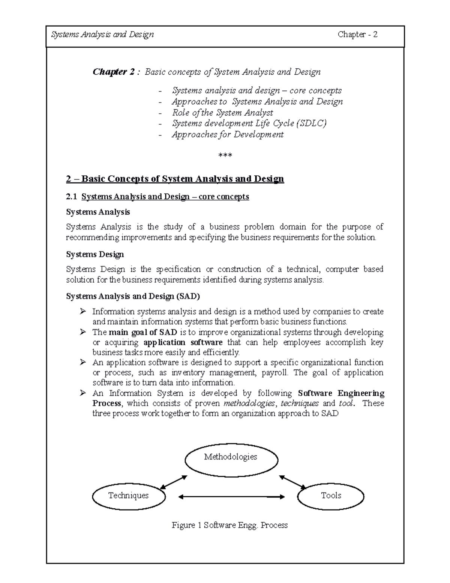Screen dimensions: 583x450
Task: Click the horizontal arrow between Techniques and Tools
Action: click(231, 497)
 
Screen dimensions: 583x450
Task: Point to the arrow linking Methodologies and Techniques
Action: click(173, 482)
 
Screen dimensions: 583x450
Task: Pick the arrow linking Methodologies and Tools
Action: click(292, 482)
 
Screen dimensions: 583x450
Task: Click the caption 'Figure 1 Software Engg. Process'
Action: click(229, 525)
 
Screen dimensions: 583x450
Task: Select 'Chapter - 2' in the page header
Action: click(357, 35)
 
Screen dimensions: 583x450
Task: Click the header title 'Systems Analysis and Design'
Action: click(102, 35)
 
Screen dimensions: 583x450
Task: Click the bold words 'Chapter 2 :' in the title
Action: click(116, 72)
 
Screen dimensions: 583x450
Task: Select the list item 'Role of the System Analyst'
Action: click(222, 113)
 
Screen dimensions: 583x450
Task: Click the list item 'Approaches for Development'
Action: click(228, 134)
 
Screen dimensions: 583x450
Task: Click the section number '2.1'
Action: click(71, 197)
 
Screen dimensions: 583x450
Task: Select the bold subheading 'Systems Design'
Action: click(95, 255)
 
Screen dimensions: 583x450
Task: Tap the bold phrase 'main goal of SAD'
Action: click(143, 332)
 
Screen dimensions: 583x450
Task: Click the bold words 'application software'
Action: click(183, 342)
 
